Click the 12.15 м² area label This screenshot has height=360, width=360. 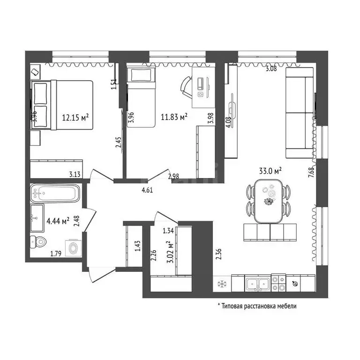(75, 118)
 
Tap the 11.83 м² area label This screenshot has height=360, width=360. (174, 117)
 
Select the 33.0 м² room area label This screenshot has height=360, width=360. (270, 171)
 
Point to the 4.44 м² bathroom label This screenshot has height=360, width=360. (58, 221)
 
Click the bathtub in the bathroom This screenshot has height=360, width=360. (55, 193)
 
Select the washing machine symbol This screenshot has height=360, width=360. (74, 248)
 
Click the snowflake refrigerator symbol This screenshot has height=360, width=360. (222, 284)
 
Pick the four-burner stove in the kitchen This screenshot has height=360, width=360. (278, 283)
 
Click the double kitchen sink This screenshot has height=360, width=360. (258, 284)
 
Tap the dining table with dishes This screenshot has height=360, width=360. (269, 202)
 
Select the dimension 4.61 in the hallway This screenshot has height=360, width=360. (147, 190)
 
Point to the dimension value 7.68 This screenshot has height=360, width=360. (311, 172)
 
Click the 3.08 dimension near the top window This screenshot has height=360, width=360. (271, 68)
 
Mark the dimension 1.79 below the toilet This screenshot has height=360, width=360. (56, 254)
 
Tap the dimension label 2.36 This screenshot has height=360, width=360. (219, 254)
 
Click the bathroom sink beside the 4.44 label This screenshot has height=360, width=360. (37, 218)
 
